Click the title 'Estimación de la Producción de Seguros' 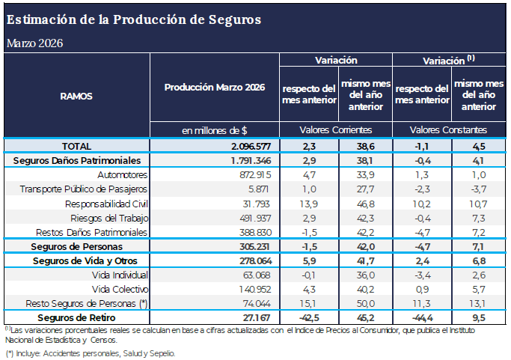pyautogui.click(x=134, y=19)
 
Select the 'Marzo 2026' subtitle pyautogui.click(x=34, y=43)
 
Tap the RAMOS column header pyautogui.click(x=76, y=96)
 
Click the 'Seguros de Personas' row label pyautogui.click(x=77, y=246)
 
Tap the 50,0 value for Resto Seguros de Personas pyautogui.click(x=364, y=303)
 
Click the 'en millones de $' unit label pyautogui.click(x=215, y=129)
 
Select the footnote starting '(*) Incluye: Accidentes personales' pyautogui.click(x=91, y=352)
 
